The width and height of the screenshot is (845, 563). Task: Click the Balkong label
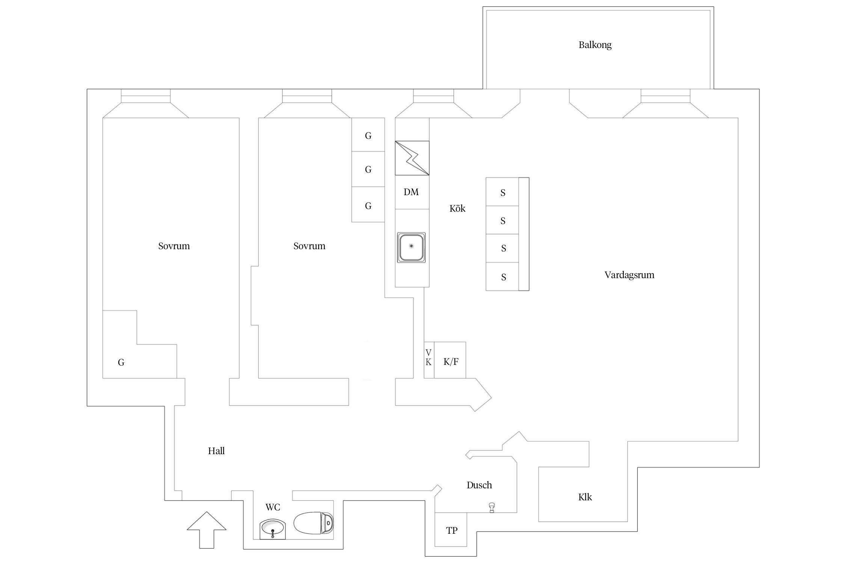tap(595, 45)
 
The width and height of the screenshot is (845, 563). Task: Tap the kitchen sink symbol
tap(411, 247)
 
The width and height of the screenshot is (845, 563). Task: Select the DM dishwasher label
tap(411, 192)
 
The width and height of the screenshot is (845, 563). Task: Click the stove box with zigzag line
tap(412, 158)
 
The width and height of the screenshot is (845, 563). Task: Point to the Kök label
tap(457, 208)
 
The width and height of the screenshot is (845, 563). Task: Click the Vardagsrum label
tap(629, 275)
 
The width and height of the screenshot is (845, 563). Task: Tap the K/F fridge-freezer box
tap(450, 360)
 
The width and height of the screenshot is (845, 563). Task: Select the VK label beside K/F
tap(429, 357)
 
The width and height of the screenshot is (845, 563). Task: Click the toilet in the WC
tap(314, 523)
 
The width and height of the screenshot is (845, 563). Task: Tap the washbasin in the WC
tap(273, 529)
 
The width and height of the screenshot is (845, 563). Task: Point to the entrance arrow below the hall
tap(207, 530)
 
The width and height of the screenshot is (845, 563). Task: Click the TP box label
tap(451, 531)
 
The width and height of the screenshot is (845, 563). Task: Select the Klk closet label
tap(585, 497)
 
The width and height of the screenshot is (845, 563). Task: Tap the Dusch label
tap(479, 485)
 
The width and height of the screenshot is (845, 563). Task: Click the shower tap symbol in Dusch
tap(492, 508)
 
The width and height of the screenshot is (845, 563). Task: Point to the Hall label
tap(216, 451)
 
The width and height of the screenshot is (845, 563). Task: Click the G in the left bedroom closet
tap(121, 363)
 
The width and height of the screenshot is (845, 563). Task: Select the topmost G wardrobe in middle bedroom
tap(368, 135)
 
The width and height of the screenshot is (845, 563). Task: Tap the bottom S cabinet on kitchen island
tap(502, 277)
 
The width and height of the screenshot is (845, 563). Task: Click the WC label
tap(273, 507)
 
